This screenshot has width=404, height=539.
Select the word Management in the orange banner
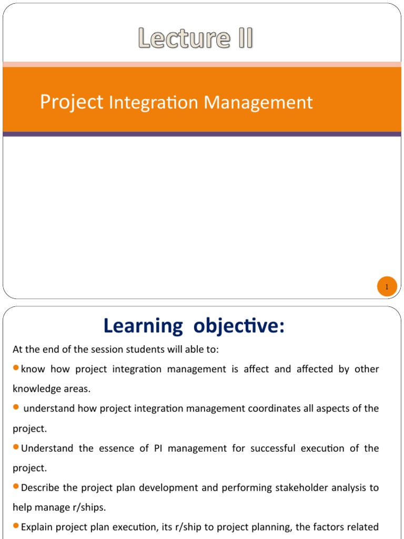[258, 103]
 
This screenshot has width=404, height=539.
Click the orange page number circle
[386, 287]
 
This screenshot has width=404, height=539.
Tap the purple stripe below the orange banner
[202, 134]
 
